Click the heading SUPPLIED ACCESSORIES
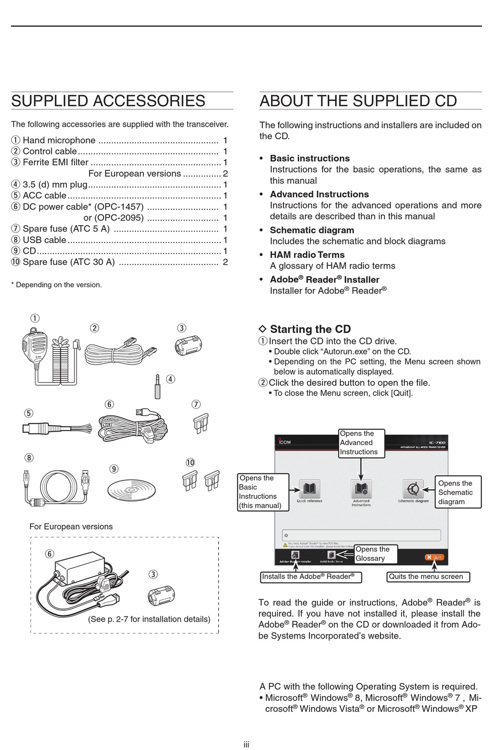[108, 101]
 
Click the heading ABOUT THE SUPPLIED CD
[358, 101]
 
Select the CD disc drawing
[132, 490]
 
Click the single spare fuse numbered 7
[200, 423]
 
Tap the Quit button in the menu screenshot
[434, 557]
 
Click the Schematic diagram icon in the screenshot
[413, 489]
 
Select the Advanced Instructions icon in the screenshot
[361, 489]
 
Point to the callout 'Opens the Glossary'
[375, 554]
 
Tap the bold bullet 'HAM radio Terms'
[307, 255]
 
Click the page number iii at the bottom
[246, 745]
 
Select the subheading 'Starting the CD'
[310, 329]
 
